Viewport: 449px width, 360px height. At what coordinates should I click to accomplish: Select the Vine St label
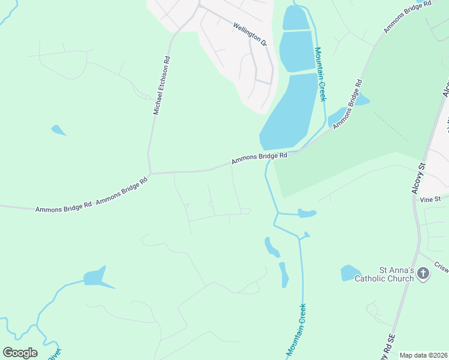click(430, 199)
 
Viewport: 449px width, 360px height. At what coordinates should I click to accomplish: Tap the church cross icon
click(423, 274)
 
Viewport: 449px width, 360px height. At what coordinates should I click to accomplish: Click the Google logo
click(20, 352)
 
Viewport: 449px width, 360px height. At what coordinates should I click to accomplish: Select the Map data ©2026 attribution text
click(424, 355)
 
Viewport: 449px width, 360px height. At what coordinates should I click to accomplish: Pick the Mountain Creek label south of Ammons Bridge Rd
click(296, 329)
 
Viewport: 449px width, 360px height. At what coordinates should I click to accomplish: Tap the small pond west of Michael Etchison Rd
click(58, 130)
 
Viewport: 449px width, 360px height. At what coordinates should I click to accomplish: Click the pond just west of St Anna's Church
click(349, 273)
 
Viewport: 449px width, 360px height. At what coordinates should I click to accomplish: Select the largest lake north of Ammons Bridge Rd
click(289, 111)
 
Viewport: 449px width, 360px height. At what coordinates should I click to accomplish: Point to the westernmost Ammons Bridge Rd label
click(63, 208)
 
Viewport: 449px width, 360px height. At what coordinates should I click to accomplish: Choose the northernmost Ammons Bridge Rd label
click(408, 17)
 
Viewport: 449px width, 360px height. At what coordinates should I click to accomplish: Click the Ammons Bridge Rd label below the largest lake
click(260, 159)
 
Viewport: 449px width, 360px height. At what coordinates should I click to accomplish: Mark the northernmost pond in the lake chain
click(295, 18)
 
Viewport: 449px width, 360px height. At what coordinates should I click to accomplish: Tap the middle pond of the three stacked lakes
click(297, 50)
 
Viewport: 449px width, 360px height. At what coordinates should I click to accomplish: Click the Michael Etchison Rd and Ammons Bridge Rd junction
click(150, 173)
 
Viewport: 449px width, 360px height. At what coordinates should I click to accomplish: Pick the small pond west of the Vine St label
click(307, 213)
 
